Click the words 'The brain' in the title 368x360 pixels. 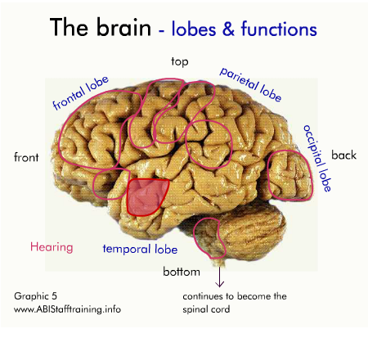tap(101, 27)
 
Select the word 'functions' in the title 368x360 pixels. tap(279, 29)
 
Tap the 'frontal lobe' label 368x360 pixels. tap(81, 93)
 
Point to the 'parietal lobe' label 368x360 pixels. tap(250, 84)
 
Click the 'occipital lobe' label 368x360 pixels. tap(317, 158)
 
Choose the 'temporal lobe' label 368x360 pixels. tap(140, 250)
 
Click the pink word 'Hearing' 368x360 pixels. tap(52, 248)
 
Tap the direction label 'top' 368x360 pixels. tap(180, 62)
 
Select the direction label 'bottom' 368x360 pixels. tap(182, 272)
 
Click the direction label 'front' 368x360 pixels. tap(26, 157)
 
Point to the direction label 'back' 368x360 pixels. tap(343, 155)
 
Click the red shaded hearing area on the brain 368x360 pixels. tap(147, 197)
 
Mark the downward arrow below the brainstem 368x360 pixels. tap(219, 277)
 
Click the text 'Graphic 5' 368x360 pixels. tap(35, 296)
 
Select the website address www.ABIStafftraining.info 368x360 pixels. tap(67, 309)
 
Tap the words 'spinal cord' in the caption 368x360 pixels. tap(206, 309)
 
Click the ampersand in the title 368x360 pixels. tap(228, 29)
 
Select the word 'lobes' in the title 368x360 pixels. tap(194, 29)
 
